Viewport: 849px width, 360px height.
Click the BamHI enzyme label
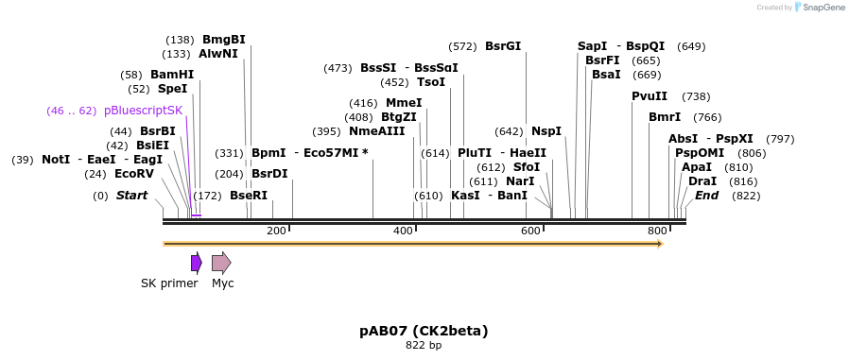click(171, 75)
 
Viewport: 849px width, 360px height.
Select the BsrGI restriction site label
click(502, 45)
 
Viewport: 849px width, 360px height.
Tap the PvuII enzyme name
click(650, 96)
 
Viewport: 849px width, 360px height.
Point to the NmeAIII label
click(376, 131)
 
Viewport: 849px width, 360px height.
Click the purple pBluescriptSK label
click(143, 111)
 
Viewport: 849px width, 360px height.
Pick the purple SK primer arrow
click(196, 263)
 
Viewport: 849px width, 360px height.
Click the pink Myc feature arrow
click(221, 263)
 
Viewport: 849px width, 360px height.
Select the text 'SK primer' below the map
click(169, 283)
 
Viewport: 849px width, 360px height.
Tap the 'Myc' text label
click(223, 283)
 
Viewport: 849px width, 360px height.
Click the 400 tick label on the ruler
click(404, 231)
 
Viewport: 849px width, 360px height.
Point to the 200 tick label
click(276, 231)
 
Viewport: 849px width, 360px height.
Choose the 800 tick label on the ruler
click(657, 231)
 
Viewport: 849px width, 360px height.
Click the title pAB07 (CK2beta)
click(424, 331)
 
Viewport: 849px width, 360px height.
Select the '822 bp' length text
click(424, 346)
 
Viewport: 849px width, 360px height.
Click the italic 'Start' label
click(131, 196)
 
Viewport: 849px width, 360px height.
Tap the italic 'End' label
click(706, 196)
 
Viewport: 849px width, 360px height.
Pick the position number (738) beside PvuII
click(696, 96)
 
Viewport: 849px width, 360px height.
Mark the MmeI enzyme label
click(404, 103)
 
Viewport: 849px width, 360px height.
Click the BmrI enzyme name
click(664, 117)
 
